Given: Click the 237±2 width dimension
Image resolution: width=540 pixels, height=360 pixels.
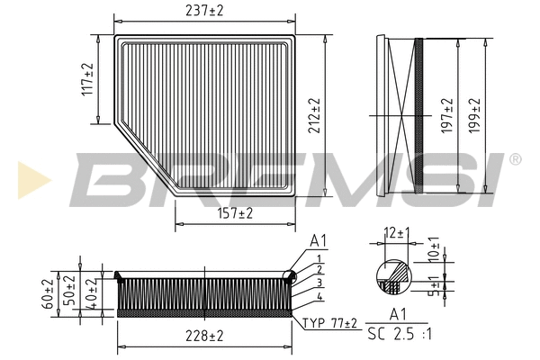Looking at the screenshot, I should tap(204, 10).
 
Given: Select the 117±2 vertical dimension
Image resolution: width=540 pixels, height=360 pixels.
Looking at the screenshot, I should tap(87, 81).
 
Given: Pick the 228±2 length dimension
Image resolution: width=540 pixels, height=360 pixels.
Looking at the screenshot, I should tap(204, 336).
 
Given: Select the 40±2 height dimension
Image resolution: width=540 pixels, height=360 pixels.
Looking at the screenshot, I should tap(88, 289).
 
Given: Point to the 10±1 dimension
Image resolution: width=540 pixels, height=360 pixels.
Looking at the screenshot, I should tap(435, 248).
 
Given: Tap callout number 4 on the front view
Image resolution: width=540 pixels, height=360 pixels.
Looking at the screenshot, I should tap(319, 298).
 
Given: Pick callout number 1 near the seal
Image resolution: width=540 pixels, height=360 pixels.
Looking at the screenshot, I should tap(319, 259).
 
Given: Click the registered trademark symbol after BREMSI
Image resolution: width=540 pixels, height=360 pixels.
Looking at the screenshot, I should tap(515, 159).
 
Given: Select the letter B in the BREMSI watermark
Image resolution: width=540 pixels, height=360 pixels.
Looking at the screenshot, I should tap(98, 177).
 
